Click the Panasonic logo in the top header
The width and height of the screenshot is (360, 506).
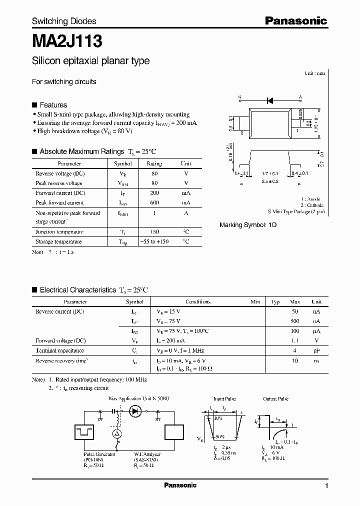click(295, 20)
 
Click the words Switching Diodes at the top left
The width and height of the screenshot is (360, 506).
click(64, 21)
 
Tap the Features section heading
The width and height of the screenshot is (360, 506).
click(53, 105)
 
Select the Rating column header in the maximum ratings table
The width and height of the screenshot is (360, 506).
click(154, 163)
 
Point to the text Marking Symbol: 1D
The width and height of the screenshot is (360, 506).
click(248, 225)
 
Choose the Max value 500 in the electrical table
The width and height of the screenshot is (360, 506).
click(295, 320)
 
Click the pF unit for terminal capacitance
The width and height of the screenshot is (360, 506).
click(316, 350)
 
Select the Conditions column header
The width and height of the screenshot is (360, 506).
click(198, 302)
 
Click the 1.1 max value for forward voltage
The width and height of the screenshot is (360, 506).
click(295, 340)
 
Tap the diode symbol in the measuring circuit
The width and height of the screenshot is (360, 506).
click(135, 411)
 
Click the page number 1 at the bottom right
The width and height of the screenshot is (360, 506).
click(326, 485)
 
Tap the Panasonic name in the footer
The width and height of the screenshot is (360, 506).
click(180, 485)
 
